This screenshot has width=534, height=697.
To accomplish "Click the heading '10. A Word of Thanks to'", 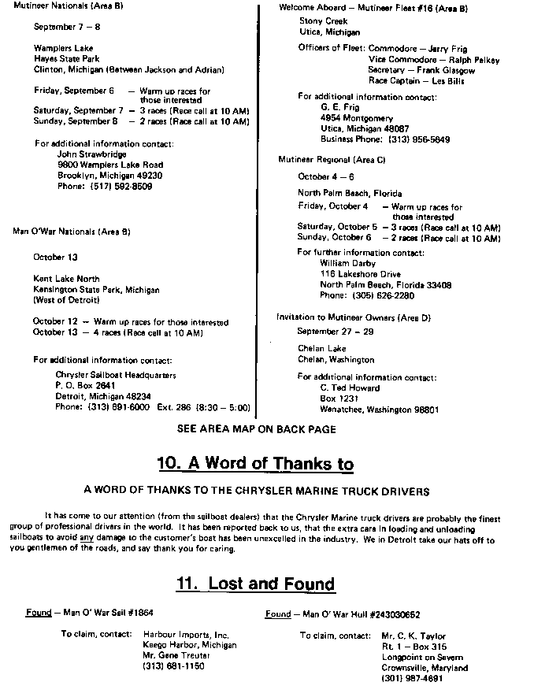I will coord(265,463).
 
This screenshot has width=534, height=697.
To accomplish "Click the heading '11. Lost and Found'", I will coord(256,584).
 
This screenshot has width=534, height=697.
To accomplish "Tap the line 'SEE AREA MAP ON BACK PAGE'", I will coord(257,429).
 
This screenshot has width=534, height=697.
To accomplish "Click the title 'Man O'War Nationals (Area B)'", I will coord(72,232).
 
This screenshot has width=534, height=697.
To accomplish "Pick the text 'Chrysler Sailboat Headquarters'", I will coord(116,375).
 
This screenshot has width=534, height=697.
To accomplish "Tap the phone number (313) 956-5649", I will coord(418,139).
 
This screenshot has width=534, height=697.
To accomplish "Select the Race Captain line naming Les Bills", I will coord(417,80).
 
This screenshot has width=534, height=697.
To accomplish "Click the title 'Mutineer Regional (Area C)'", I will coord(332,159).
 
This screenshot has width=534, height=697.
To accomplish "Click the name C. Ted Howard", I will coord(350,388).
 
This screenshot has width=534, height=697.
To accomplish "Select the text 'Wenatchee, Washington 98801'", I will coord(380,410).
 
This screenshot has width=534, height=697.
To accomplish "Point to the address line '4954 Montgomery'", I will coord(354,117).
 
